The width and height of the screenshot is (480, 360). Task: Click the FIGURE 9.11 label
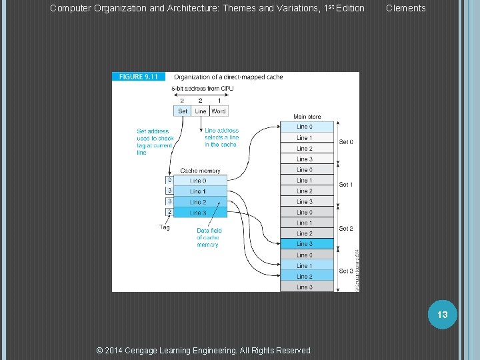pyautogui.click(x=139, y=77)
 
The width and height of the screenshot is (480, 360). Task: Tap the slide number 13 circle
pyautogui.click(x=443, y=314)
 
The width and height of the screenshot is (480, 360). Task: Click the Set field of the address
pyautogui.click(x=183, y=111)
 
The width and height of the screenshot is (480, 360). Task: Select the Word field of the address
pyautogui.click(x=219, y=111)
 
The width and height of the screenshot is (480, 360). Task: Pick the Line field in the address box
pyautogui.click(x=201, y=111)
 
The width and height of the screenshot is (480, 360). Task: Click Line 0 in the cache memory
pyautogui.click(x=198, y=181)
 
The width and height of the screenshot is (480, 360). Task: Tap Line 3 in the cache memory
pyautogui.click(x=198, y=213)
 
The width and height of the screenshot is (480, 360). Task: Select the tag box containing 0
pyautogui.click(x=169, y=180)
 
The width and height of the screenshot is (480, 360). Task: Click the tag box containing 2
pyautogui.click(x=169, y=212)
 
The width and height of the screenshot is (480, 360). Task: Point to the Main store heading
pyautogui.click(x=307, y=117)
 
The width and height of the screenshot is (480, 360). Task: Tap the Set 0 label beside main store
pyautogui.click(x=346, y=142)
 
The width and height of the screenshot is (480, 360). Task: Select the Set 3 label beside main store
pyautogui.click(x=346, y=271)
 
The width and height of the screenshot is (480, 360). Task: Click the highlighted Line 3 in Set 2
pyautogui.click(x=305, y=244)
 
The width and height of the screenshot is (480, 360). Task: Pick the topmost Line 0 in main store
pyautogui.click(x=305, y=127)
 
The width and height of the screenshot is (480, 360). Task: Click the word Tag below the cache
pyautogui.click(x=165, y=227)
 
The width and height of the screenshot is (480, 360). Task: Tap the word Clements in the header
pyautogui.click(x=405, y=8)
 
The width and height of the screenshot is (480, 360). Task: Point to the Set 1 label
pyautogui.click(x=346, y=185)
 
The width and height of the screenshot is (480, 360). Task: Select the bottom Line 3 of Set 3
pyautogui.click(x=305, y=287)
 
